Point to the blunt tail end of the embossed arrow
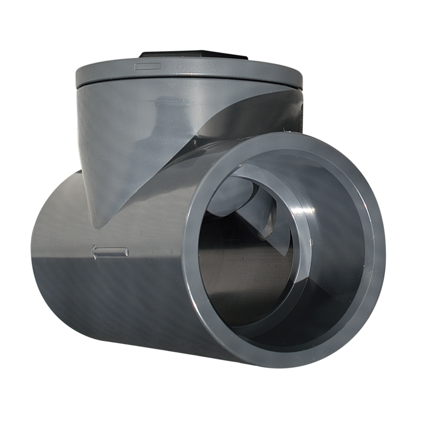(126, 251)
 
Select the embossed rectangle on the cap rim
(148, 66)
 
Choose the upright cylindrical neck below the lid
(137, 123)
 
